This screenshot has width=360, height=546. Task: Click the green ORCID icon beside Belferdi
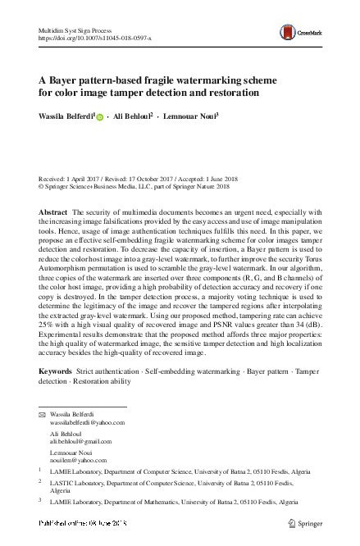pyautogui.click(x=100, y=117)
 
